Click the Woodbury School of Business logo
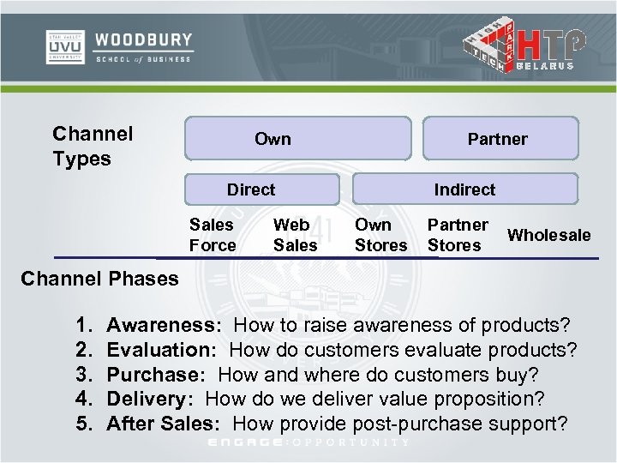[x=119, y=47]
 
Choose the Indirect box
[x=465, y=189]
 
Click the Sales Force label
[x=213, y=235]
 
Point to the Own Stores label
[x=380, y=235]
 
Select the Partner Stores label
[x=458, y=235]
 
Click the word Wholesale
[x=549, y=235]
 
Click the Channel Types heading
[x=93, y=146]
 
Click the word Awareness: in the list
[x=165, y=326]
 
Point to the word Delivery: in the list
[x=153, y=399]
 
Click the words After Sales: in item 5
[x=166, y=424]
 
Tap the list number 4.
[x=83, y=399]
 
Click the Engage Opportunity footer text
[x=309, y=443]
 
